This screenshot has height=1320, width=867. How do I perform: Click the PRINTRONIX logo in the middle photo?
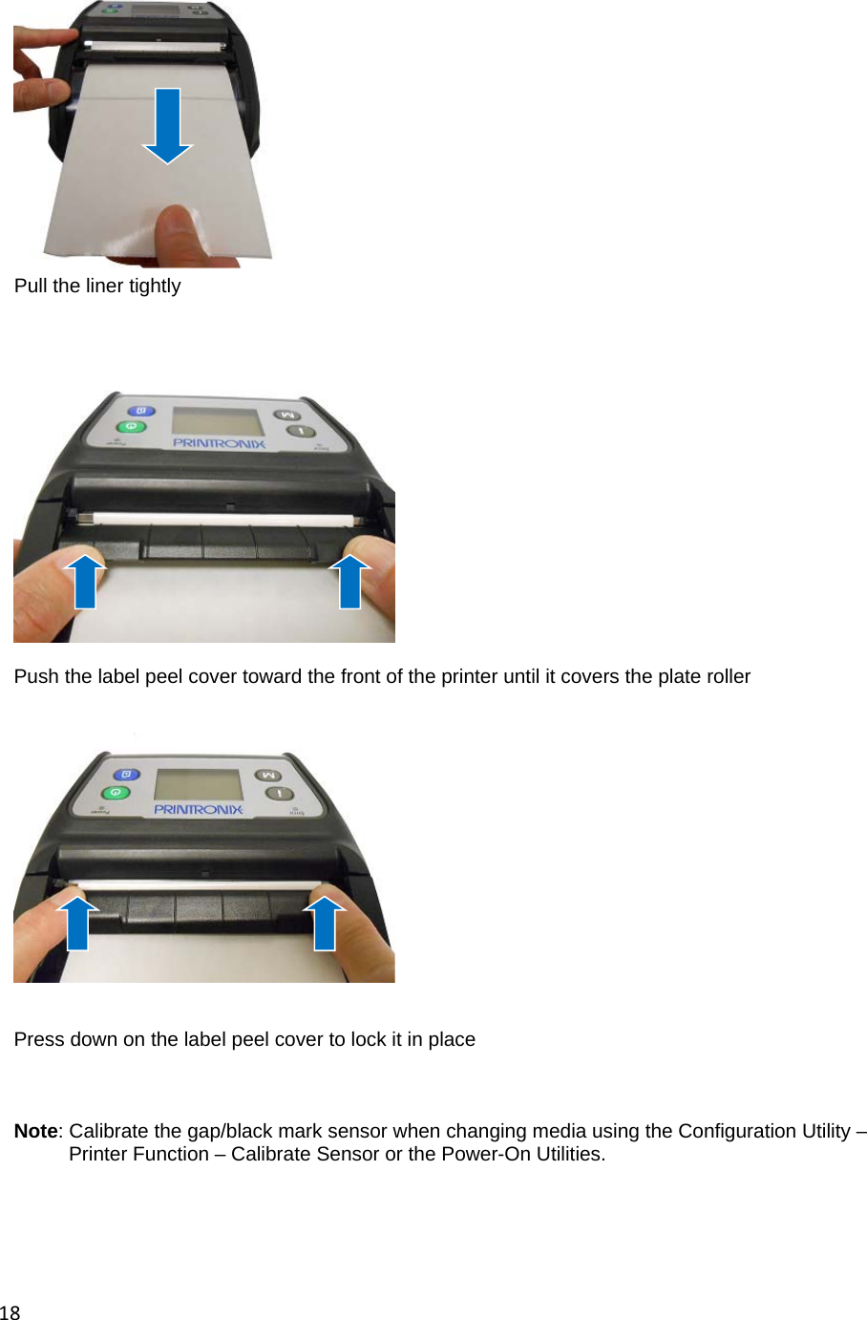click(x=219, y=443)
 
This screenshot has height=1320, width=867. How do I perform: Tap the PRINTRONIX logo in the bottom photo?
click(x=199, y=809)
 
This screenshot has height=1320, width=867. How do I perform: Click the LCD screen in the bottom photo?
click(x=198, y=785)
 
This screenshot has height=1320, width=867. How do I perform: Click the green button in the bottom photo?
click(x=116, y=793)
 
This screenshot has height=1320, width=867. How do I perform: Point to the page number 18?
click(x=10, y=1312)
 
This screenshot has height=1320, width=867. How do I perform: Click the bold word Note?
click(x=35, y=1131)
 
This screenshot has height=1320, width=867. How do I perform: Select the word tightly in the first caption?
click(x=155, y=286)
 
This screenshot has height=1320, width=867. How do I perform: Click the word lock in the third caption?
click(x=367, y=1039)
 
